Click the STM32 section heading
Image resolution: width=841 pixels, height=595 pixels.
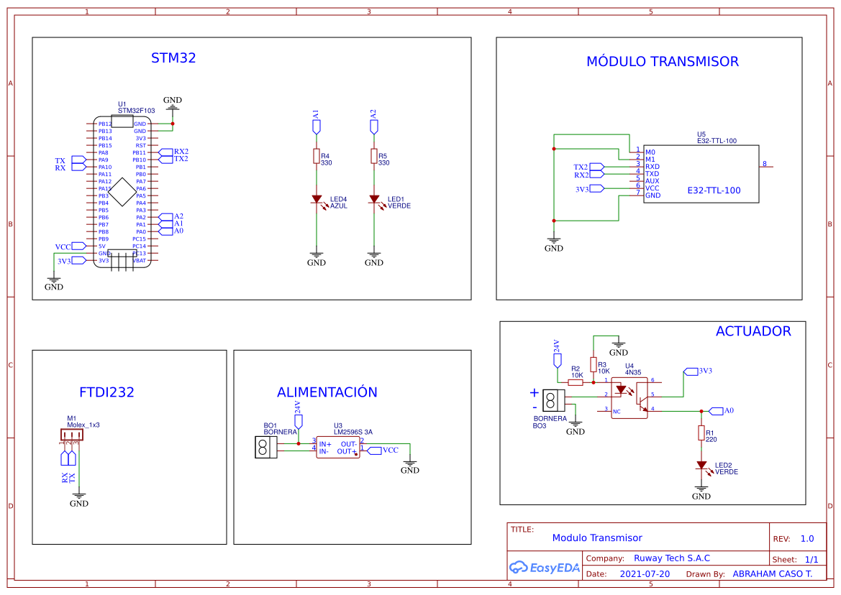(x=173, y=58)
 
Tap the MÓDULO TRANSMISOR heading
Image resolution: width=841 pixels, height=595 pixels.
(x=662, y=62)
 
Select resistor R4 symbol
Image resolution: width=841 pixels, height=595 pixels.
(x=316, y=156)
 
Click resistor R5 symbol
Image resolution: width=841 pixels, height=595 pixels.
(x=373, y=156)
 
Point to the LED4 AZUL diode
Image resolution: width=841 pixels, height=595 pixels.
(x=316, y=199)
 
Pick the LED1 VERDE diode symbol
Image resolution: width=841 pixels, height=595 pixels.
(x=373, y=199)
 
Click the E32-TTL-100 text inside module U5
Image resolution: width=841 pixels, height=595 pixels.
(x=713, y=190)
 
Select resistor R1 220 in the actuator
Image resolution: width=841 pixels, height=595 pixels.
(x=701, y=433)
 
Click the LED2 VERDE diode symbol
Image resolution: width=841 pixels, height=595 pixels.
(x=701, y=466)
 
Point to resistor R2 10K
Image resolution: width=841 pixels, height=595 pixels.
(x=576, y=382)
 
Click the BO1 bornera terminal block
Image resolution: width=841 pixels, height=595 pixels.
(x=265, y=447)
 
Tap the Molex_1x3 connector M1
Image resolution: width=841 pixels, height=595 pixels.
(x=71, y=433)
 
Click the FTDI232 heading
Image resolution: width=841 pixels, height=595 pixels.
(x=106, y=392)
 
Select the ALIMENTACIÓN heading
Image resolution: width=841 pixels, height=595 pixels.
(x=327, y=392)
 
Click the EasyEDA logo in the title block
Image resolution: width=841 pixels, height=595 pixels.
(x=545, y=568)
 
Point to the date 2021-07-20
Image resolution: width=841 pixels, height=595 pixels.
(x=645, y=574)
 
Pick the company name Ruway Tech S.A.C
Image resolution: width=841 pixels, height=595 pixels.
(x=671, y=558)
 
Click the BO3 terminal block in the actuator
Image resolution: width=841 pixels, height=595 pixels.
(x=553, y=400)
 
